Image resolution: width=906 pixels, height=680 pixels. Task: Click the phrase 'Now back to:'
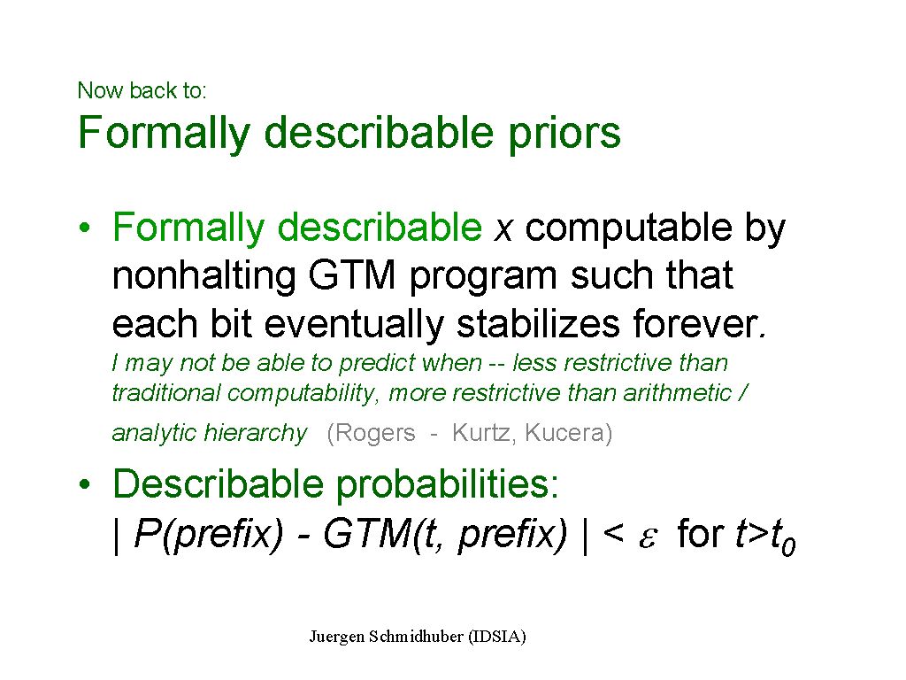point(142,90)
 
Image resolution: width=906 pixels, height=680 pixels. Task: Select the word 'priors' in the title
point(564,135)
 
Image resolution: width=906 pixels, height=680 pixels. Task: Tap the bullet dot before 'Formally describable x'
point(85,228)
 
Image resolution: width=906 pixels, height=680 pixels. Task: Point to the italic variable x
point(503,229)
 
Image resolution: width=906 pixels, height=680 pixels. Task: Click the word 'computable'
point(629,228)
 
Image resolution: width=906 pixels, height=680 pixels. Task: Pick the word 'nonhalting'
point(204,276)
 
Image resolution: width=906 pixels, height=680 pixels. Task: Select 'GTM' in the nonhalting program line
point(352,275)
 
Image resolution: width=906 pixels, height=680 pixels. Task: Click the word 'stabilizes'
point(539,323)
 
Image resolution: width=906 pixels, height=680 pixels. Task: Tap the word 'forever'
point(695,323)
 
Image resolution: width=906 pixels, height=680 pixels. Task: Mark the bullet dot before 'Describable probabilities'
point(85,484)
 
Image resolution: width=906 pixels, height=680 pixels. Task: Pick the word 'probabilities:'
point(448,484)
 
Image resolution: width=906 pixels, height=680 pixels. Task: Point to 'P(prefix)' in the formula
point(209,534)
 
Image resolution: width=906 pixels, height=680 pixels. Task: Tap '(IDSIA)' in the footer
point(497,637)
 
